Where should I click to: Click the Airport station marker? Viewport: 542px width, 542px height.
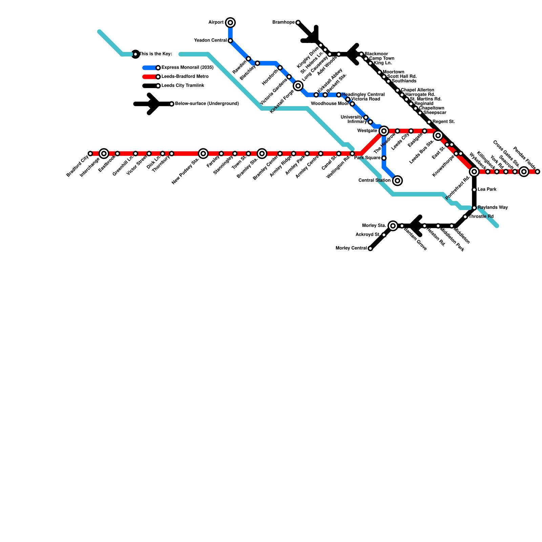click(230, 23)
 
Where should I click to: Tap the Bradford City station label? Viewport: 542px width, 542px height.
click(78, 165)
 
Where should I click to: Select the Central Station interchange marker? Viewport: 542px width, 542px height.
click(397, 181)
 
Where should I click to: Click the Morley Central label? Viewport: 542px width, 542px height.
click(351, 248)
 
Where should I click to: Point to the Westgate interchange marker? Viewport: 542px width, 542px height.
click(384, 131)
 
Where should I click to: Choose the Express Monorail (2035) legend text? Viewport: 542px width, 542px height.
click(187, 67)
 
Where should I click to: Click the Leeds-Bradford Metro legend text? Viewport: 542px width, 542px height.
click(185, 77)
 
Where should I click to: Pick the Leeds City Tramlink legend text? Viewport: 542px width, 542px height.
click(183, 86)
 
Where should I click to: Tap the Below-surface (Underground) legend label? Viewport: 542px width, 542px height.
click(207, 104)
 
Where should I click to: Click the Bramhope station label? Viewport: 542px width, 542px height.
click(284, 22)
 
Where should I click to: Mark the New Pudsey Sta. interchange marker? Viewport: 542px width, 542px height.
click(203, 153)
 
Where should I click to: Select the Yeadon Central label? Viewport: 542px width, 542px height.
click(210, 41)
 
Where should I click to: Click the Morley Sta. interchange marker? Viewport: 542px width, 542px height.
click(393, 226)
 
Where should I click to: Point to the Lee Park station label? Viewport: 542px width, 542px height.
click(487, 189)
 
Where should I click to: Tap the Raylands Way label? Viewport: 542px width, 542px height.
click(493, 208)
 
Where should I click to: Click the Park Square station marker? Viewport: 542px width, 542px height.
click(384, 158)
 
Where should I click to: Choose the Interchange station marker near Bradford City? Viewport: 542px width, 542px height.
click(104, 153)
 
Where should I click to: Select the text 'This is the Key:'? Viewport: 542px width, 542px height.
click(156, 54)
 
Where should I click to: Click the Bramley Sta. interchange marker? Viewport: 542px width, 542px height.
click(262, 153)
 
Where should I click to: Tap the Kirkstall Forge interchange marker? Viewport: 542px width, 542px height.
click(298, 86)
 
